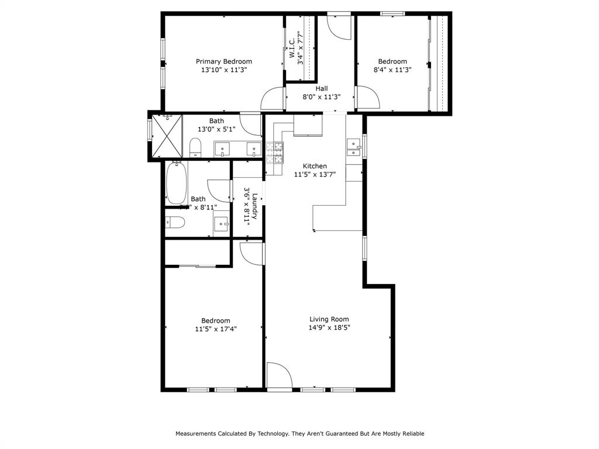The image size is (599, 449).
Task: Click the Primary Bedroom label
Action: (x=223, y=61)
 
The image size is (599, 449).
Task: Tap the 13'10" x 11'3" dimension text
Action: (x=223, y=70)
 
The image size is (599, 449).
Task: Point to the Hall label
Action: (x=321, y=89)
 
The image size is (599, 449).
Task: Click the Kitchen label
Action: (x=314, y=166)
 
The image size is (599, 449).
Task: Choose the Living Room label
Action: (x=329, y=319)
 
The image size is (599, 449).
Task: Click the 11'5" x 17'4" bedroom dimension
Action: (x=215, y=329)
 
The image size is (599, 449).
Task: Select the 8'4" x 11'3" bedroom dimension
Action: (x=392, y=70)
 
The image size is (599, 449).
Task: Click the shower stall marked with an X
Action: (x=167, y=136)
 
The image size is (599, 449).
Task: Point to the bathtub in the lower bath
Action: (x=176, y=182)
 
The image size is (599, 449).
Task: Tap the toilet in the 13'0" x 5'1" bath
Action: (x=195, y=147)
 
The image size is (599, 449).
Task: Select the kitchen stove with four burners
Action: (x=274, y=153)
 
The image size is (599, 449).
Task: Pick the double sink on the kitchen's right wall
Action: (x=354, y=147)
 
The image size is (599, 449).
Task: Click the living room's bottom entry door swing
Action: (x=279, y=375)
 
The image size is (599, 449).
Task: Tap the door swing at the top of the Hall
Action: (x=339, y=27)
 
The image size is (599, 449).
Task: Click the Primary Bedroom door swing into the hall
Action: (x=273, y=99)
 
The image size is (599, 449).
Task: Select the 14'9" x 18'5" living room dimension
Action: (x=329, y=328)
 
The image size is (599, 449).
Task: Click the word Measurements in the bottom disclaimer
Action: (x=196, y=434)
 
